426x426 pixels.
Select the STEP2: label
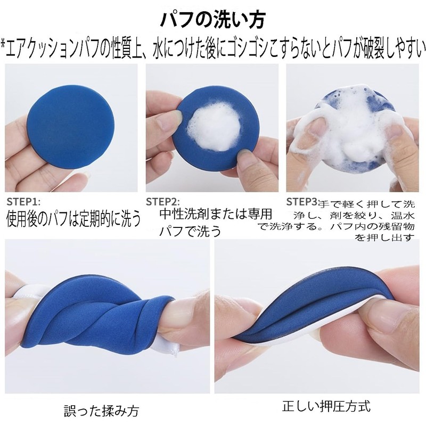tap(163, 202)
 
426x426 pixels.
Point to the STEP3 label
tap(301, 202)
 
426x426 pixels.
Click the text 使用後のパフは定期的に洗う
tap(73, 219)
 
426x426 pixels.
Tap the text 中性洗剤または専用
tap(216, 215)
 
